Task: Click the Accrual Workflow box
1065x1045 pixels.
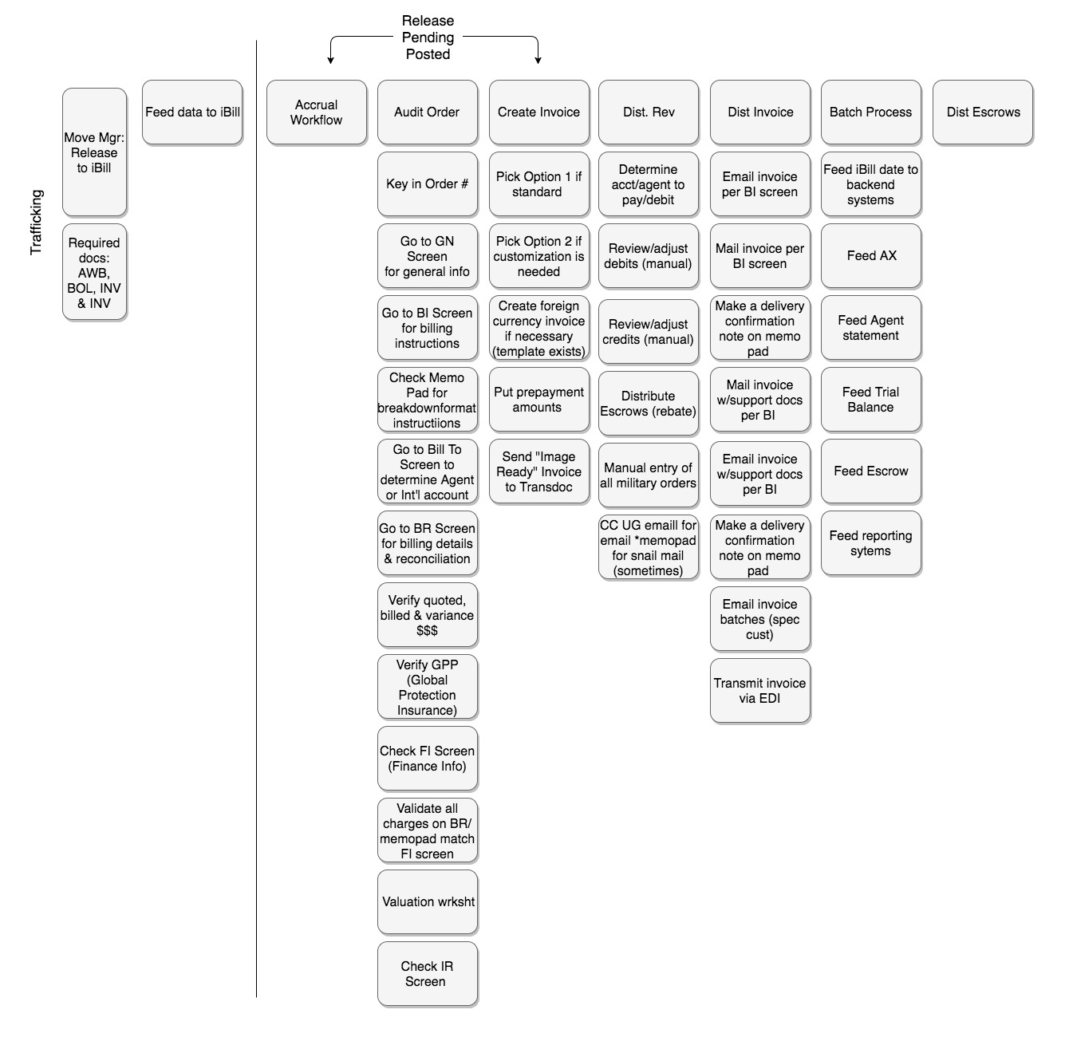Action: click(x=316, y=112)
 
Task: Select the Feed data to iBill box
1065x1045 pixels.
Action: click(x=192, y=112)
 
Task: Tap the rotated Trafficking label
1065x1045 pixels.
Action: click(x=36, y=223)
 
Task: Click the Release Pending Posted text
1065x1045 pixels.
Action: click(x=428, y=37)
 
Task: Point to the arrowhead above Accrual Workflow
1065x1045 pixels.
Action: click(x=330, y=60)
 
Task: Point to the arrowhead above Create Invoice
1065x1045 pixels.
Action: click(x=538, y=60)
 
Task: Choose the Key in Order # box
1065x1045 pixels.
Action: click(x=427, y=184)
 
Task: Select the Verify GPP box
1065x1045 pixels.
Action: click(x=427, y=687)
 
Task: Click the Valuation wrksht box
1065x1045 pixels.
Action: click(x=427, y=902)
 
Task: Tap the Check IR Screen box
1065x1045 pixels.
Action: click(x=427, y=974)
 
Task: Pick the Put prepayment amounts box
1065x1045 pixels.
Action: click(x=538, y=400)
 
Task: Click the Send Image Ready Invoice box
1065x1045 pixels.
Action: click(x=538, y=471)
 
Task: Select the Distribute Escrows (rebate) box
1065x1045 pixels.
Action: click(x=648, y=404)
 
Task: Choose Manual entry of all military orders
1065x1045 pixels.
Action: click(x=648, y=475)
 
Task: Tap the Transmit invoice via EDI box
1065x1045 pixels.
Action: click(x=759, y=691)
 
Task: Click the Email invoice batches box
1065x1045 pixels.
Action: click(x=759, y=619)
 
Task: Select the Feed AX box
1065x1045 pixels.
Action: click(x=870, y=256)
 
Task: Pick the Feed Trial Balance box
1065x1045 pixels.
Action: click(x=870, y=400)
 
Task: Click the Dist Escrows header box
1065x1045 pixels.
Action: click(x=983, y=112)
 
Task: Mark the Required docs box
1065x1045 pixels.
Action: click(x=94, y=273)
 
